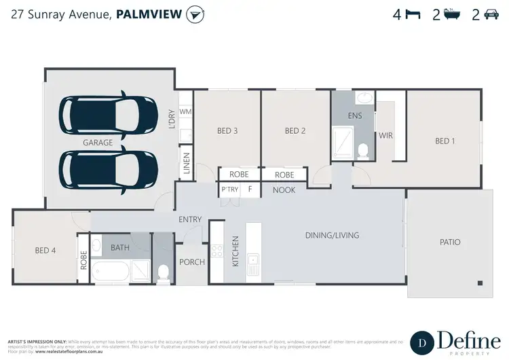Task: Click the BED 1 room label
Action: coord(445,141)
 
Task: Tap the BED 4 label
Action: coord(45,251)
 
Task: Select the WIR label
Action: coord(386,136)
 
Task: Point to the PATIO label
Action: coord(450,242)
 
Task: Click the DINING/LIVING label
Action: coord(332,236)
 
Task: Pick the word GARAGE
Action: coord(97,143)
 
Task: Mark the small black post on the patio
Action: coord(480,283)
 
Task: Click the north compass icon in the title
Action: coord(195,14)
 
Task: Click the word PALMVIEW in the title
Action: coord(150,15)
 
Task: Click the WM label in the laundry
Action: coord(185,111)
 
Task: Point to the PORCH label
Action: coord(191,262)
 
